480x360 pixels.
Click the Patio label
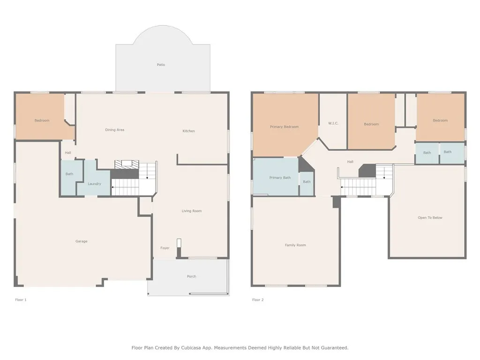point(161,65)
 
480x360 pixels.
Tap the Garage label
point(82,241)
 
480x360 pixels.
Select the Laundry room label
point(94,184)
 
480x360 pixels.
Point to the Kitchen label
point(188,131)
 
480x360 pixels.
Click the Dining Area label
point(115,130)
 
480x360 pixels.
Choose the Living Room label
point(192,211)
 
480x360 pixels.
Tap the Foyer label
point(165,248)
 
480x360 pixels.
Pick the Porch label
point(191,277)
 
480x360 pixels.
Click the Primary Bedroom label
point(284,127)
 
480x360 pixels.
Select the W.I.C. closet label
point(333,123)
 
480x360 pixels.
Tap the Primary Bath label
point(280,178)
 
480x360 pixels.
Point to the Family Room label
point(295,245)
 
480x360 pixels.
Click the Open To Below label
point(430,217)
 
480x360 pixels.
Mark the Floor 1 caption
point(21,300)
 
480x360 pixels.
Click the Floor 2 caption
point(258,300)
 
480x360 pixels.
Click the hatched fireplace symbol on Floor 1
point(127,164)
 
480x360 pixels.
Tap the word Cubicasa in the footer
point(191,348)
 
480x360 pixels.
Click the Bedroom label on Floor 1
point(42,120)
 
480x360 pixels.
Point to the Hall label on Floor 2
point(350,162)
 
